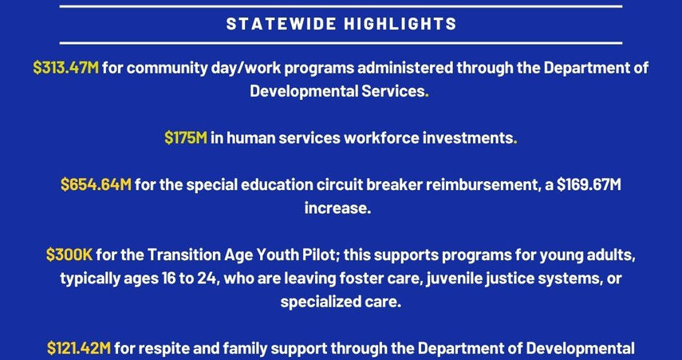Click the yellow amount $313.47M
66,69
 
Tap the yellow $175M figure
186,138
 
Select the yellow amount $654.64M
96,184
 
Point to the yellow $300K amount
69,255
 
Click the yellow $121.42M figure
79,348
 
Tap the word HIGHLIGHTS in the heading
400,23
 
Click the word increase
337,208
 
